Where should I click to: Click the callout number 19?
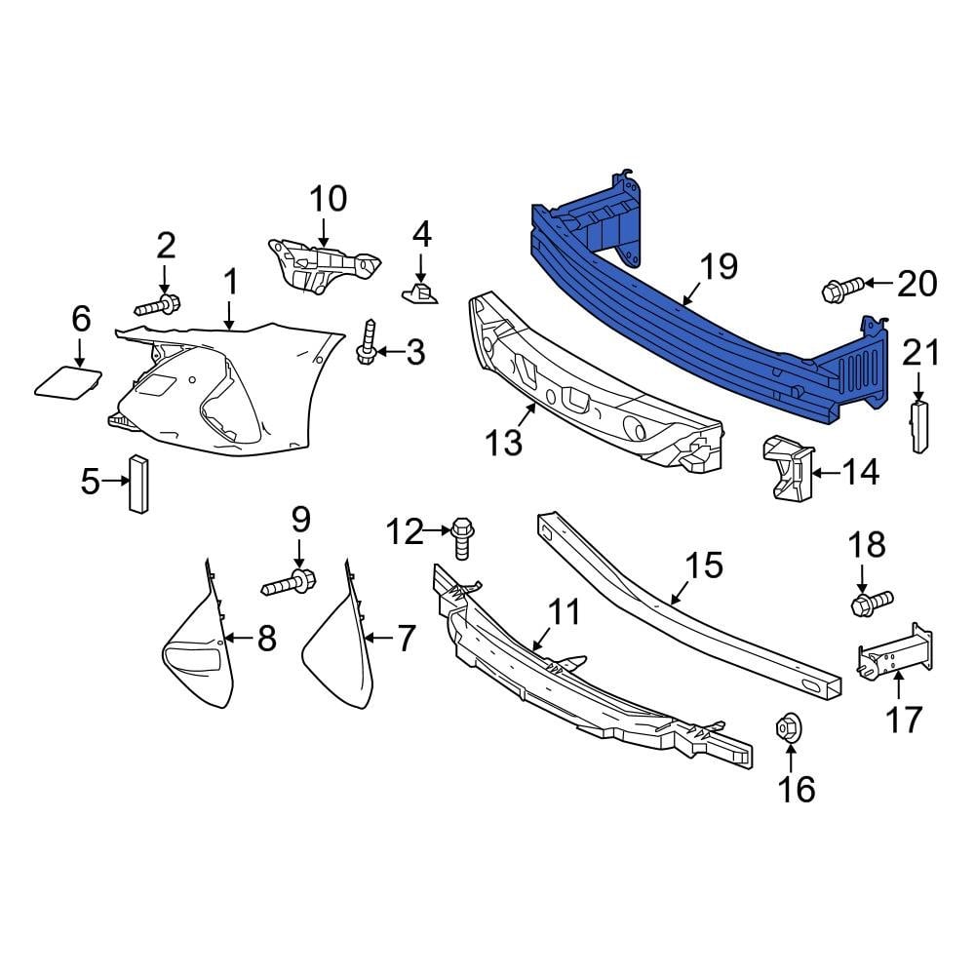pos(719,266)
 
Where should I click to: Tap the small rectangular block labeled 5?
pos(137,483)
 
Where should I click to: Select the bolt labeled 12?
pos(462,537)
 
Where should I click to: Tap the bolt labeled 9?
pos(290,584)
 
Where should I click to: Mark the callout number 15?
pos(705,565)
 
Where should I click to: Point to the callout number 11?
pos(563,613)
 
